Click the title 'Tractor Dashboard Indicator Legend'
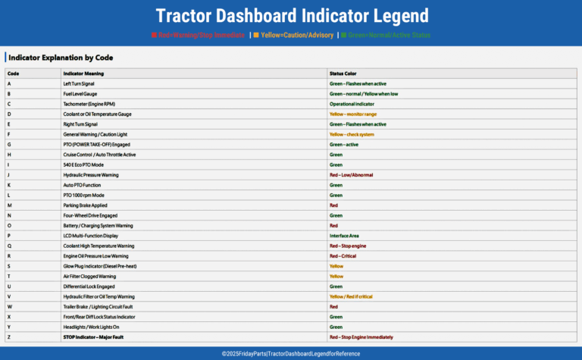[291, 16]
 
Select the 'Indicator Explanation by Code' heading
[61, 57]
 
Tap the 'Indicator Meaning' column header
[83, 73]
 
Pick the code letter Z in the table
[9, 337]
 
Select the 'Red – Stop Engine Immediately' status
[361, 337]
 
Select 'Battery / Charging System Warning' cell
[99, 225]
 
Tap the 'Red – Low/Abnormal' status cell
[351, 174]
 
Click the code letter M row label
[9, 205]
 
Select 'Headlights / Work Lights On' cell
[92, 327]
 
